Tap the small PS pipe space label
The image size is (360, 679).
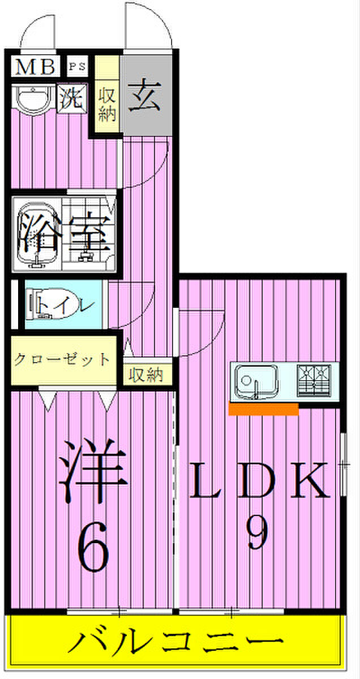78,66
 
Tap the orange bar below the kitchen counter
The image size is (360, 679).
263,409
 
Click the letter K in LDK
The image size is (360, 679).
309,479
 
